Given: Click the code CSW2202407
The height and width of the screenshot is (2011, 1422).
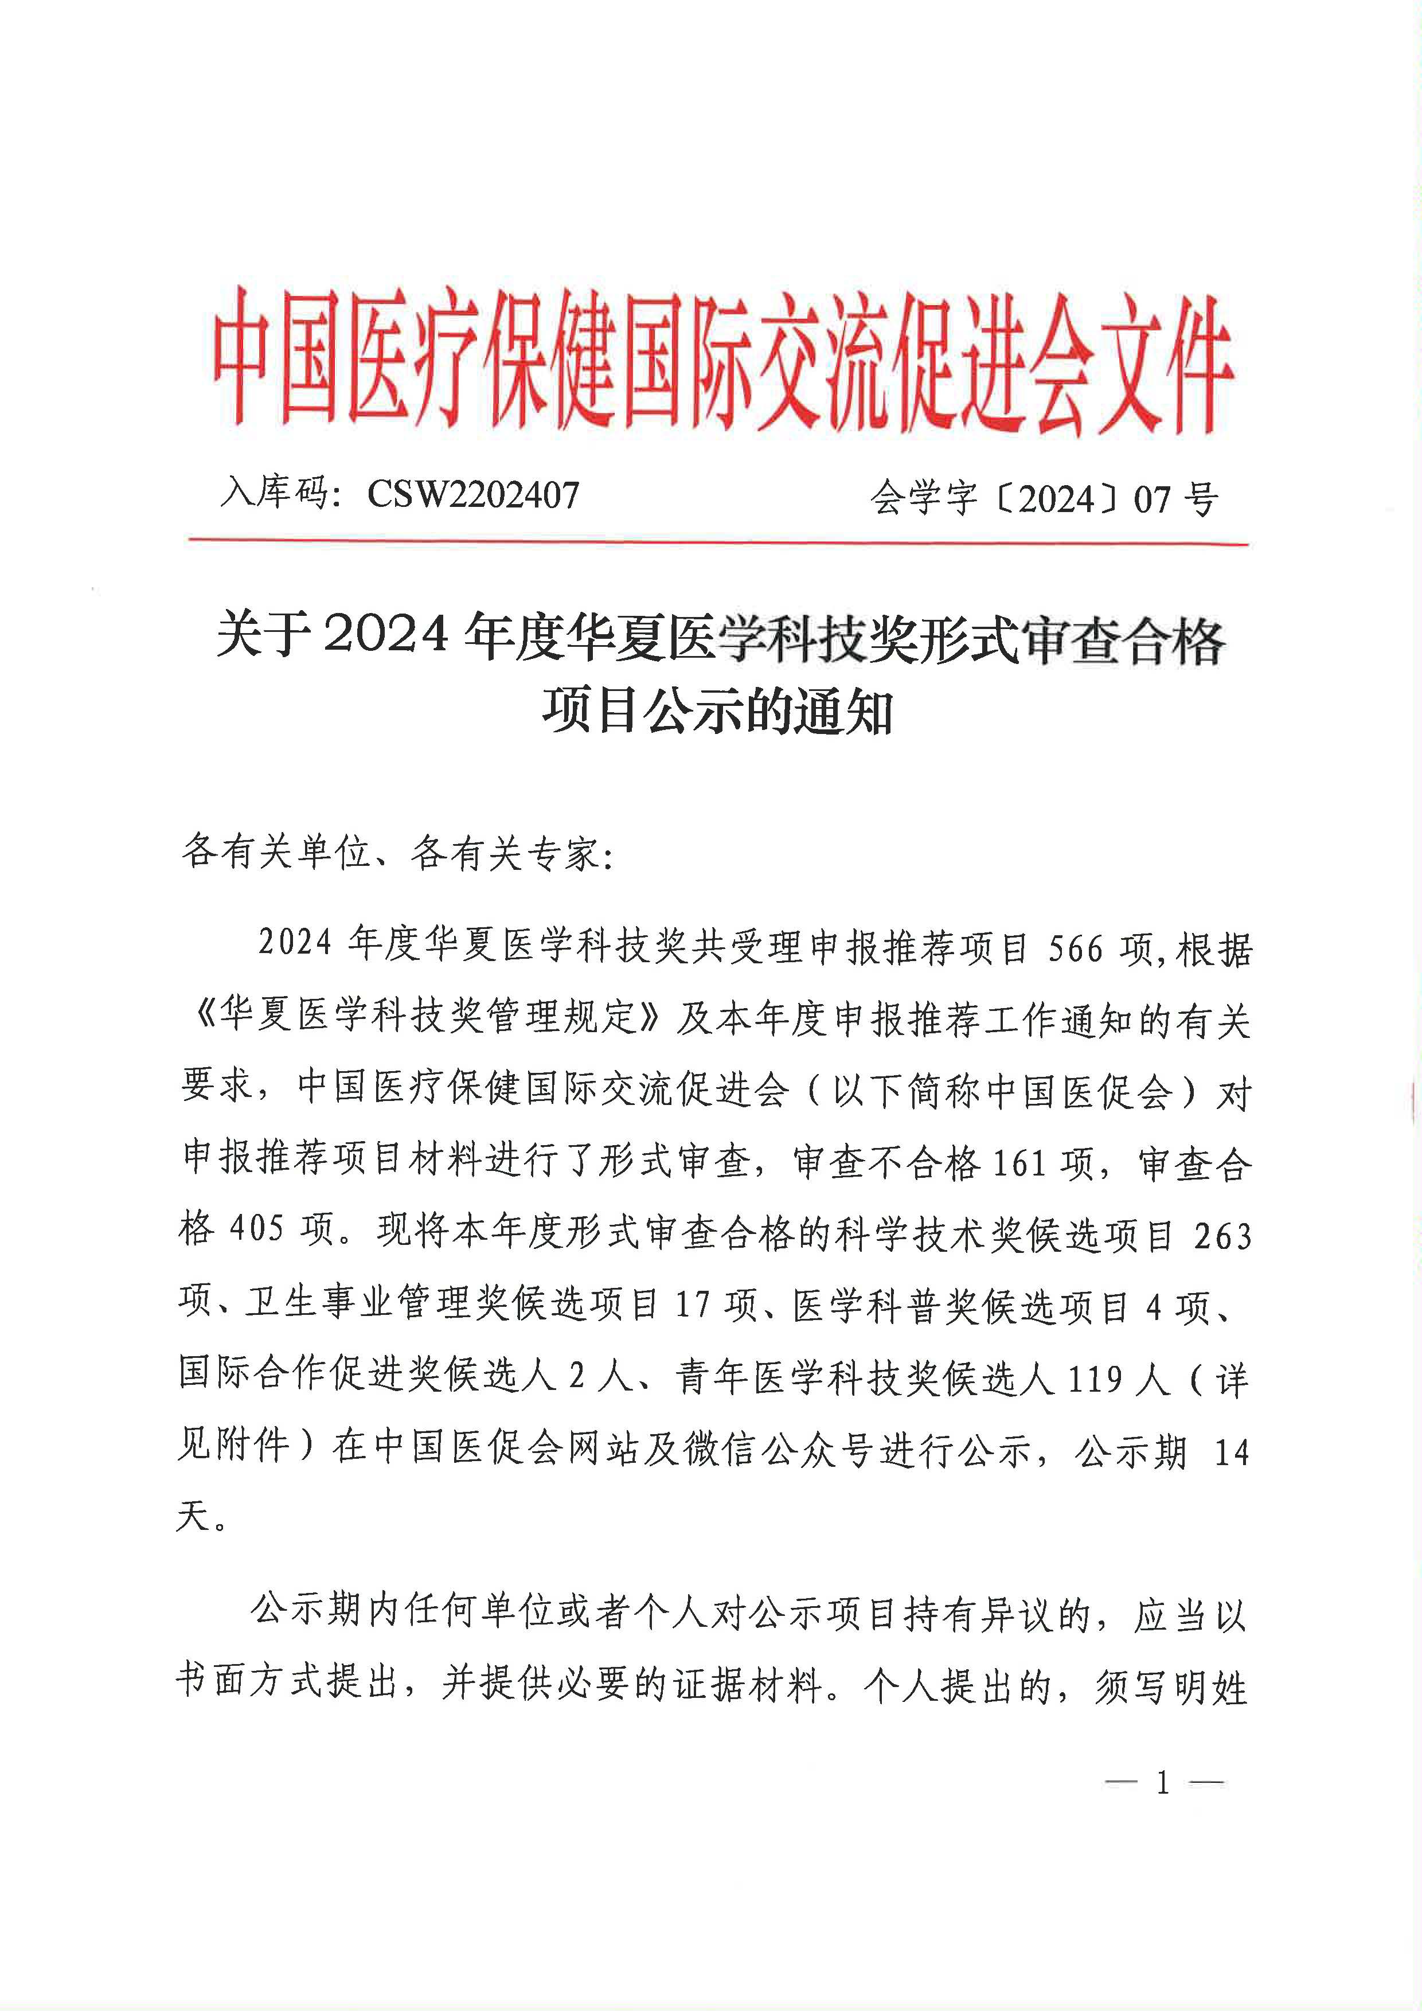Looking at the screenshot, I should point(473,495).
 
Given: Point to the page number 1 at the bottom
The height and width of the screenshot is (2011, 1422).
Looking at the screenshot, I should point(1163,1783).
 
